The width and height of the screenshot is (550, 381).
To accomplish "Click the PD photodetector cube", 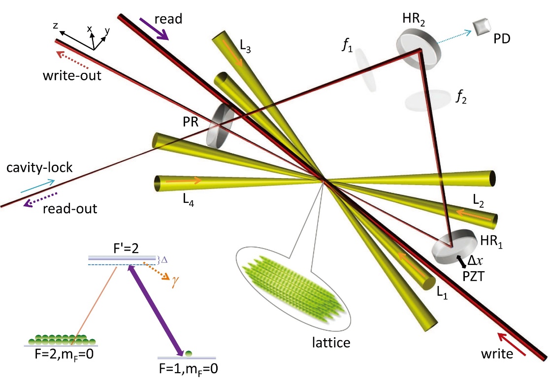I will click(x=479, y=27).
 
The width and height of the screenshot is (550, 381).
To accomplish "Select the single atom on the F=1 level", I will click(x=187, y=352).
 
